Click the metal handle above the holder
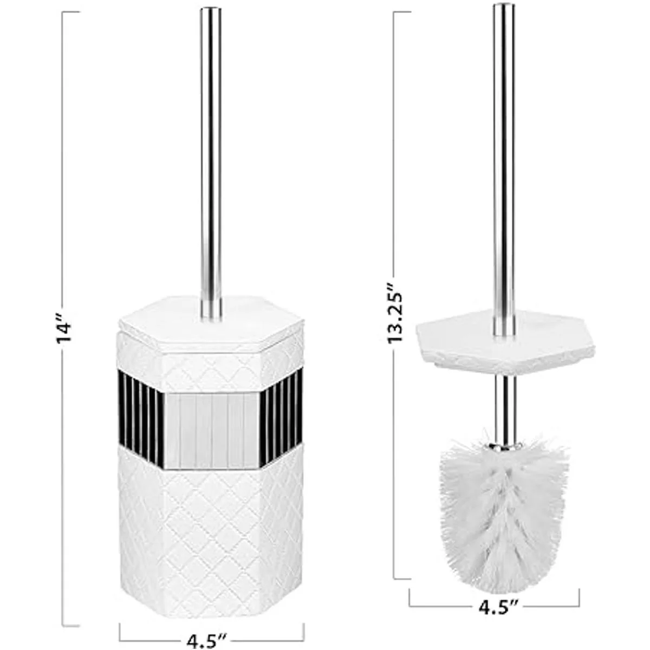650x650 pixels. tap(211, 152)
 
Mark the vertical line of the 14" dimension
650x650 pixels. tap(64, 487)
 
